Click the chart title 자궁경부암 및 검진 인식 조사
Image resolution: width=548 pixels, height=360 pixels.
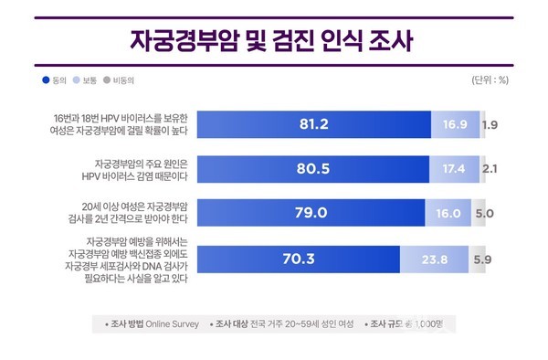pos(274,42)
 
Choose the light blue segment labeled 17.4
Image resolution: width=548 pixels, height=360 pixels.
pos(453,168)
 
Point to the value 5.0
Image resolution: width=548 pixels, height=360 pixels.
pos(484,213)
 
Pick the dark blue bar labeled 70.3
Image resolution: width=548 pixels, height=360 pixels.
pos(292,259)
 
